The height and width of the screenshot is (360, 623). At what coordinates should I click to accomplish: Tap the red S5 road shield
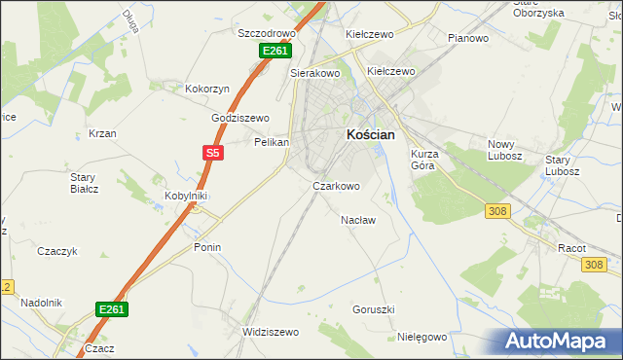(214, 152)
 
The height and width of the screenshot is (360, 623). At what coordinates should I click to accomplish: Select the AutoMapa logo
(558, 342)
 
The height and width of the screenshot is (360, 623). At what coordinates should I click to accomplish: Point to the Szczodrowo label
(267, 32)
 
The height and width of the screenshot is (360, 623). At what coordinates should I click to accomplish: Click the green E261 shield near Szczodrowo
(275, 51)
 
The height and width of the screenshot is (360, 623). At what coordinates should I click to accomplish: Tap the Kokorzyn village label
(207, 89)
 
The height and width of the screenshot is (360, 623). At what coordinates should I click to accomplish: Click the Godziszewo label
(240, 118)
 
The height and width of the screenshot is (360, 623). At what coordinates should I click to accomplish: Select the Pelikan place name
(272, 142)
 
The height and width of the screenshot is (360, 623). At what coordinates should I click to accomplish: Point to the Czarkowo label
(336, 186)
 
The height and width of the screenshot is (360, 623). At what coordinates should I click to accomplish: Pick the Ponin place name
(207, 247)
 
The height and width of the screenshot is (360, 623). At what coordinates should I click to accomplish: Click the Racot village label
(571, 248)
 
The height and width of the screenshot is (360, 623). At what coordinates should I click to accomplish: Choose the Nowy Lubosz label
(505, 150)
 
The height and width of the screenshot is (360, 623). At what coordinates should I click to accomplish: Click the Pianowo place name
(467, 38)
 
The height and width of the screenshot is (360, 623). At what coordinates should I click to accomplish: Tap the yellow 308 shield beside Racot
(596, 265)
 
